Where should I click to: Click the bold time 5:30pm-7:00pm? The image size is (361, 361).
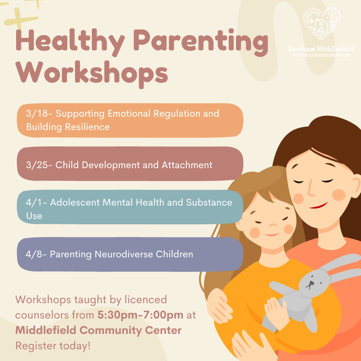pos(140,315)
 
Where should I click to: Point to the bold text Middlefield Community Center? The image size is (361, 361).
pos(99,330)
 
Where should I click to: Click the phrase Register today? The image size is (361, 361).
pos(53,346)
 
